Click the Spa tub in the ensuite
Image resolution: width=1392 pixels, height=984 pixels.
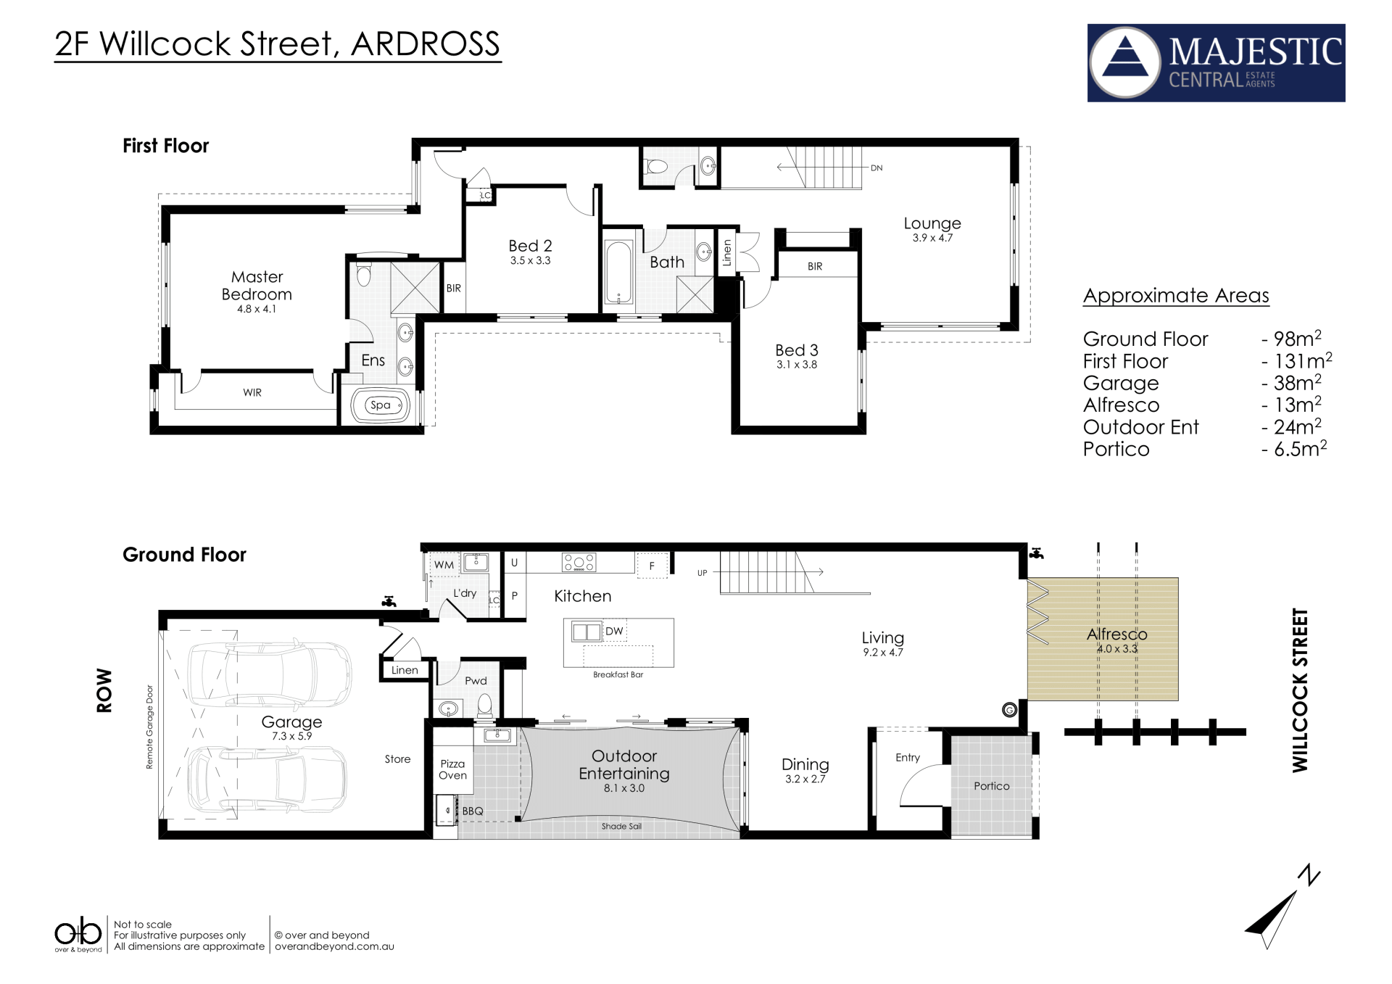(x=381, y=405)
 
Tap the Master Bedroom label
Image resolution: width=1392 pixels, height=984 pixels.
(x=257, y=286)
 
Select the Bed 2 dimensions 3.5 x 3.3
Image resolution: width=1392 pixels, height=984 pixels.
(x=530, y=261)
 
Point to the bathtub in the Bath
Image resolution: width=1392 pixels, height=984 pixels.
(x=618, y=273)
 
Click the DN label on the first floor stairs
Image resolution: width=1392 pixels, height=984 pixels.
(x=877, y=168)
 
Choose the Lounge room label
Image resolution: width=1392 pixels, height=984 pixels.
(x=932, y=223)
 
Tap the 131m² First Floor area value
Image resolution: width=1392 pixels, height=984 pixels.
(x=1303, y=360)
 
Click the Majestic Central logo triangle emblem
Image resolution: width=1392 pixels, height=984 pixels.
(x=1125, y=62)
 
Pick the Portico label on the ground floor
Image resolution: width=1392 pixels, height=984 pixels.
(x=991, y=786)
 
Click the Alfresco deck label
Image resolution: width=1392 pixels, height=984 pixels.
(x=1116, y=634)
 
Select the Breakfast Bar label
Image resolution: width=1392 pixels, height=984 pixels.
(x=618, y=675)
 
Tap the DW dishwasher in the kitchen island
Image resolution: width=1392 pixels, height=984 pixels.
(x=614, y=631)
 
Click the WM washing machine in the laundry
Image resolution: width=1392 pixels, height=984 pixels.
(x=444, y=565)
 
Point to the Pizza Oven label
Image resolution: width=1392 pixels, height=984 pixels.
(x=452, y=769)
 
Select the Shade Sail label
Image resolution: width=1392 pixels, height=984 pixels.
(x=621, y=827)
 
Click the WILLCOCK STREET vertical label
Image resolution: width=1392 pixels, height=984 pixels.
(x=1300, y=690)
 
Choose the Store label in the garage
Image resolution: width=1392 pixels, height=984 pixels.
(x=397, y=759)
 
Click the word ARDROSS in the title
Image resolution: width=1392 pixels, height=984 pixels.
(x=426, y=44)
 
